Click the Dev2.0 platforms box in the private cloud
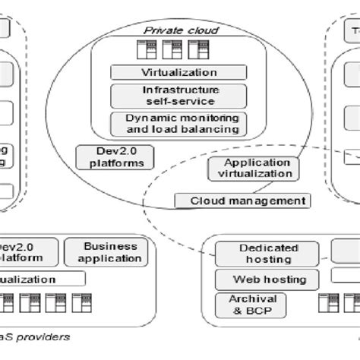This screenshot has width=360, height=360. [x=115, y=157]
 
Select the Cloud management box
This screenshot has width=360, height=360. [x=242, y=201]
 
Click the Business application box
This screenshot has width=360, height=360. [x=111, y=252]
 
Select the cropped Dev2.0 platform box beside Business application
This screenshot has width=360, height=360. [x=27, y=252]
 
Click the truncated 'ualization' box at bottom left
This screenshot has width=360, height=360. [x=38, y=279]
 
